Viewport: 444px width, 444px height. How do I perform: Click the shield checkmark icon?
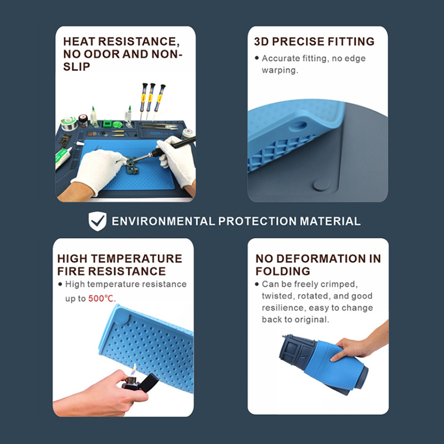[98, 221]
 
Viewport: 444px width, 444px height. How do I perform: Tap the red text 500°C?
[102, 299]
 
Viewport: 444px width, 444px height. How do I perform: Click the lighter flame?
[133, 370]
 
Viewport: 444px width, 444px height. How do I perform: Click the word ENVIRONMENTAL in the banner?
[163, 221]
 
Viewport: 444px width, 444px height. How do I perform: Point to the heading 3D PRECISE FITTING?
[314, 41]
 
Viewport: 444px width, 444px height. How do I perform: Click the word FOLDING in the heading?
[282, 271]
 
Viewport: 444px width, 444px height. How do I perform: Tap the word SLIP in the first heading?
[77, 67]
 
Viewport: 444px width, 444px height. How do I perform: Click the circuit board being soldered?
[132, 168]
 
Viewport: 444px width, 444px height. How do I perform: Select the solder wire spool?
[69, 123]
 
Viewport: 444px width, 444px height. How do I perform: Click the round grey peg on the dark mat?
[321, 185]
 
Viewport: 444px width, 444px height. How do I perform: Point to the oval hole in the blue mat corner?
[298, 124]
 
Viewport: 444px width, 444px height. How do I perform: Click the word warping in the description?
[280, 70]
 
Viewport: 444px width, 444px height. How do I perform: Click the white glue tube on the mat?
[63, 157]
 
